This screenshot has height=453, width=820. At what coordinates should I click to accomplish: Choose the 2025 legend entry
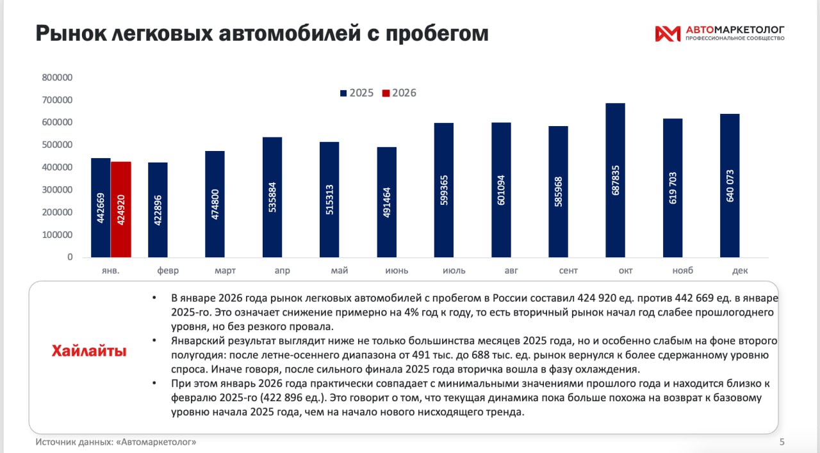[356, 93]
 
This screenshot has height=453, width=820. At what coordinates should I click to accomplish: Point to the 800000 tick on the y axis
[57, 77]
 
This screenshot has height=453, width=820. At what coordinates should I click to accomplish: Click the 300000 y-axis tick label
[57, 190]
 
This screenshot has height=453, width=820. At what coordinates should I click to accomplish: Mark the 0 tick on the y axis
[69, 257]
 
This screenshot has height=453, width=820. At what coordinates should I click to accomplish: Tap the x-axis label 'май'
[340, 271]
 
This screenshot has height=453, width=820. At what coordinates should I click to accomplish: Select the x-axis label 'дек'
[740, 271]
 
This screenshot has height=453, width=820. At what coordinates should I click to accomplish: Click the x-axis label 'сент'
[568, 271]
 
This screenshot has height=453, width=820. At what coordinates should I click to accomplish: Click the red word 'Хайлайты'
[89, 351]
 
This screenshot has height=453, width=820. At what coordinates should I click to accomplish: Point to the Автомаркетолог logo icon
[667, 33]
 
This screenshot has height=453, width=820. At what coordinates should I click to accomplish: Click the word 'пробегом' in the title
[434, 33]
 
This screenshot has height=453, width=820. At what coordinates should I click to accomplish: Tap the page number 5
[782, 441]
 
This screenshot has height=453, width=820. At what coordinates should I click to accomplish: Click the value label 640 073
[730, 186]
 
